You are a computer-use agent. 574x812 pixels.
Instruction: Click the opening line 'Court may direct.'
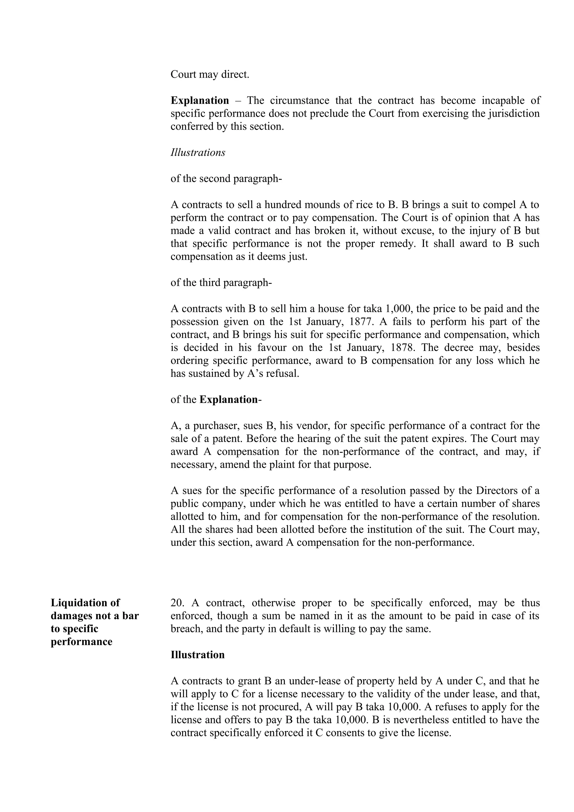tap(210, 75)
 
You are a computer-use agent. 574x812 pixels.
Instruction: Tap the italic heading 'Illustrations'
tap(198, 152)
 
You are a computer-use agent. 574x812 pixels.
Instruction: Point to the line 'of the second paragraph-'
tap(226, 179)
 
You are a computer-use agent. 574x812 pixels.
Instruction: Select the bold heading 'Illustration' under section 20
tap(198, 655)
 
